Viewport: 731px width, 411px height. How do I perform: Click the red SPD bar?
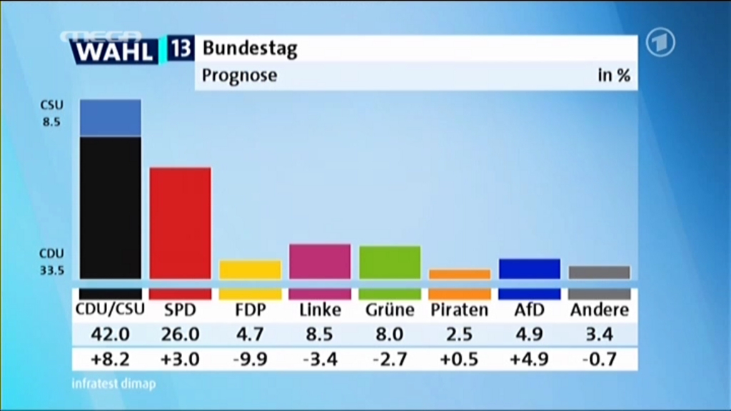180,223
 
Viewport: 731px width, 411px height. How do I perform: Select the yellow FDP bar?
250,270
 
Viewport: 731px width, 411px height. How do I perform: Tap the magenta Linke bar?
320,261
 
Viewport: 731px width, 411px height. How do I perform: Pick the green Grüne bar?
390,262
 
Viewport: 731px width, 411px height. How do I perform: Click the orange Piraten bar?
460,274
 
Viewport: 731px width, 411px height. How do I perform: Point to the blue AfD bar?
530,268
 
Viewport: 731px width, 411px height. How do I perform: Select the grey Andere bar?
600,272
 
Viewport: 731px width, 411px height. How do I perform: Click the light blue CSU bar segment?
110,118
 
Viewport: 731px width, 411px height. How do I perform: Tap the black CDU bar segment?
110,207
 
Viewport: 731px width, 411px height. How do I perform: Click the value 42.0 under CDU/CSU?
110,334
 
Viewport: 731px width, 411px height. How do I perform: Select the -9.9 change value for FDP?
250,358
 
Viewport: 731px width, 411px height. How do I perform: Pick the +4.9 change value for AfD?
530,358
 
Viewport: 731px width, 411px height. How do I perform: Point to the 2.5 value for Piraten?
460,334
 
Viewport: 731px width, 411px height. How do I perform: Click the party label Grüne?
390,310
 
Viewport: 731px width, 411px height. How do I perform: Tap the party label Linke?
320,310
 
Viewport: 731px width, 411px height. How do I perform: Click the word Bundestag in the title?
250,49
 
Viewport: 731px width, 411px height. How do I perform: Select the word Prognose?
239,75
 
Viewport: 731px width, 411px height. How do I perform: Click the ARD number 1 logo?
660,43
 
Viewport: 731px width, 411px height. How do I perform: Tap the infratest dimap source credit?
114,384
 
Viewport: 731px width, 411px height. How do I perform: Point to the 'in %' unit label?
613,75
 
